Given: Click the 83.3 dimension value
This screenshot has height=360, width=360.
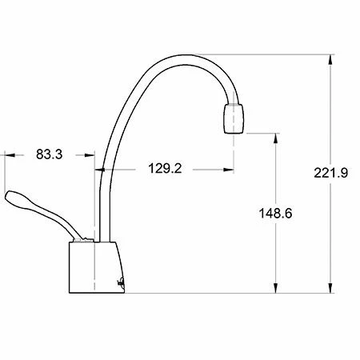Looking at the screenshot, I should pyautogui.click(x=50, y=154).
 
